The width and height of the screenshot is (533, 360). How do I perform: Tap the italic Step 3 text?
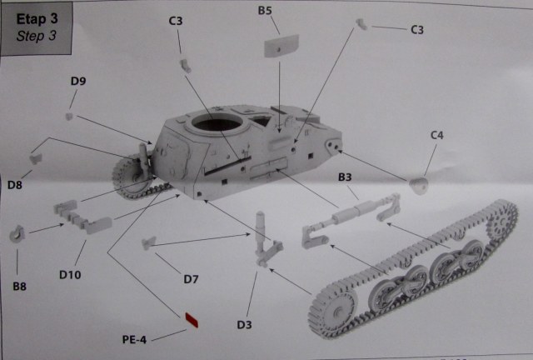(35, 36)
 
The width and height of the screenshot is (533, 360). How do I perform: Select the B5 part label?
(265, 10)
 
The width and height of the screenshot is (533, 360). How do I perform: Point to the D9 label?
(78, 81)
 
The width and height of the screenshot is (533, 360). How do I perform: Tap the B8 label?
(19, 286)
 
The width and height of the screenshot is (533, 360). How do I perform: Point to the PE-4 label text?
(134, 340)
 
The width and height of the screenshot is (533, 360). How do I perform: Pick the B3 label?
(345, 178)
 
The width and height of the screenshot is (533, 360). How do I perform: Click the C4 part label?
(437, 134)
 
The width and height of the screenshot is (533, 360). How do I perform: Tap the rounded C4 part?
(420, 185)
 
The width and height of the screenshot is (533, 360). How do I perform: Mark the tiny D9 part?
(71, 115)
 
